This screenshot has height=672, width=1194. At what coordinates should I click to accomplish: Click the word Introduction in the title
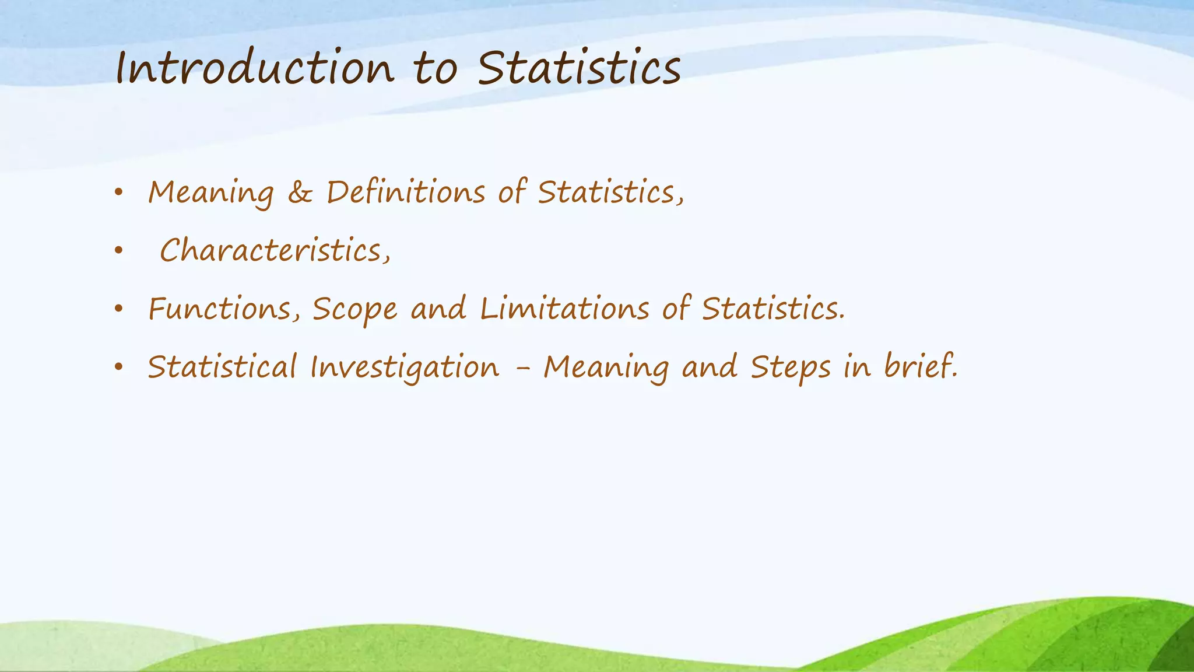255,69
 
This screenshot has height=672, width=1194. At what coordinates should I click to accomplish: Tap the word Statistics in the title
580,69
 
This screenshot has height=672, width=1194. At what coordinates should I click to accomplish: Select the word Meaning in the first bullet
210,193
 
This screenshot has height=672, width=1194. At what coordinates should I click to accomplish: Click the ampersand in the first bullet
300,192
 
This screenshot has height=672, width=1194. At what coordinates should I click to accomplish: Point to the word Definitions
405,192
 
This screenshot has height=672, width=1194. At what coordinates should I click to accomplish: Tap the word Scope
354,310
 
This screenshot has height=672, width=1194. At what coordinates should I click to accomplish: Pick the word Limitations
564,309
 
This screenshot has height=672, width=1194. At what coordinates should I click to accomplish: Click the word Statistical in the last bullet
222,367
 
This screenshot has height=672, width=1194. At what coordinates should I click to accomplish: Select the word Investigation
405,368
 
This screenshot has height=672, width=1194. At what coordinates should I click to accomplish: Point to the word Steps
791,368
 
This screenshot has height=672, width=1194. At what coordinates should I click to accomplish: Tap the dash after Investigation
522,369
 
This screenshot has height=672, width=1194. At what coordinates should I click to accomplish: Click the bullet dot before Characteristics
119,251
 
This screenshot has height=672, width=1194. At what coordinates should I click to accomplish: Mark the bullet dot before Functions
119,309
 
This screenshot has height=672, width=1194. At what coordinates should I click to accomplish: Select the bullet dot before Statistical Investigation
119,367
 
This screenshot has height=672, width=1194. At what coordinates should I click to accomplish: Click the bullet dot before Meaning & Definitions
119,192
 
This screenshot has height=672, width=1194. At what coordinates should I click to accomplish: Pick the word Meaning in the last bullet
606,368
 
